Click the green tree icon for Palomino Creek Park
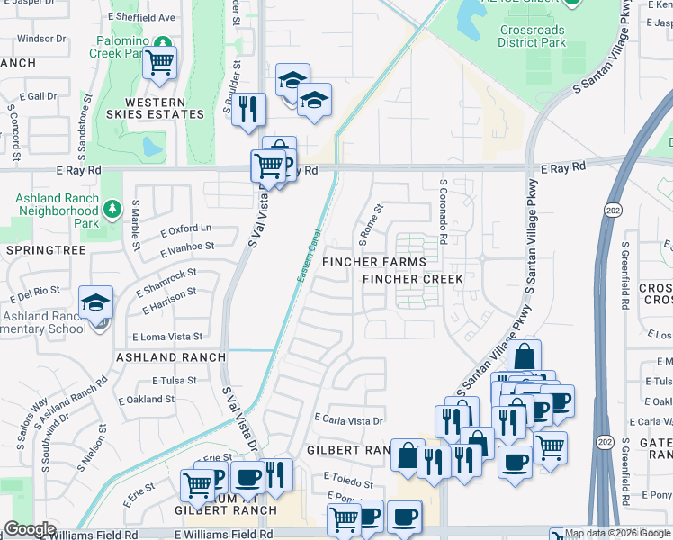162,42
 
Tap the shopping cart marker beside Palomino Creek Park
159,63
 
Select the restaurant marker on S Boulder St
247,109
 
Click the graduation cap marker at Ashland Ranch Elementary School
95,304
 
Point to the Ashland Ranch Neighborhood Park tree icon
112,211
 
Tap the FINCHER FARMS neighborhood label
374,262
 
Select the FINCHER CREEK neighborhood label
413,279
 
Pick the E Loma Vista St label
167,337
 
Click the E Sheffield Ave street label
141,17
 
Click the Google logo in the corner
30,529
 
